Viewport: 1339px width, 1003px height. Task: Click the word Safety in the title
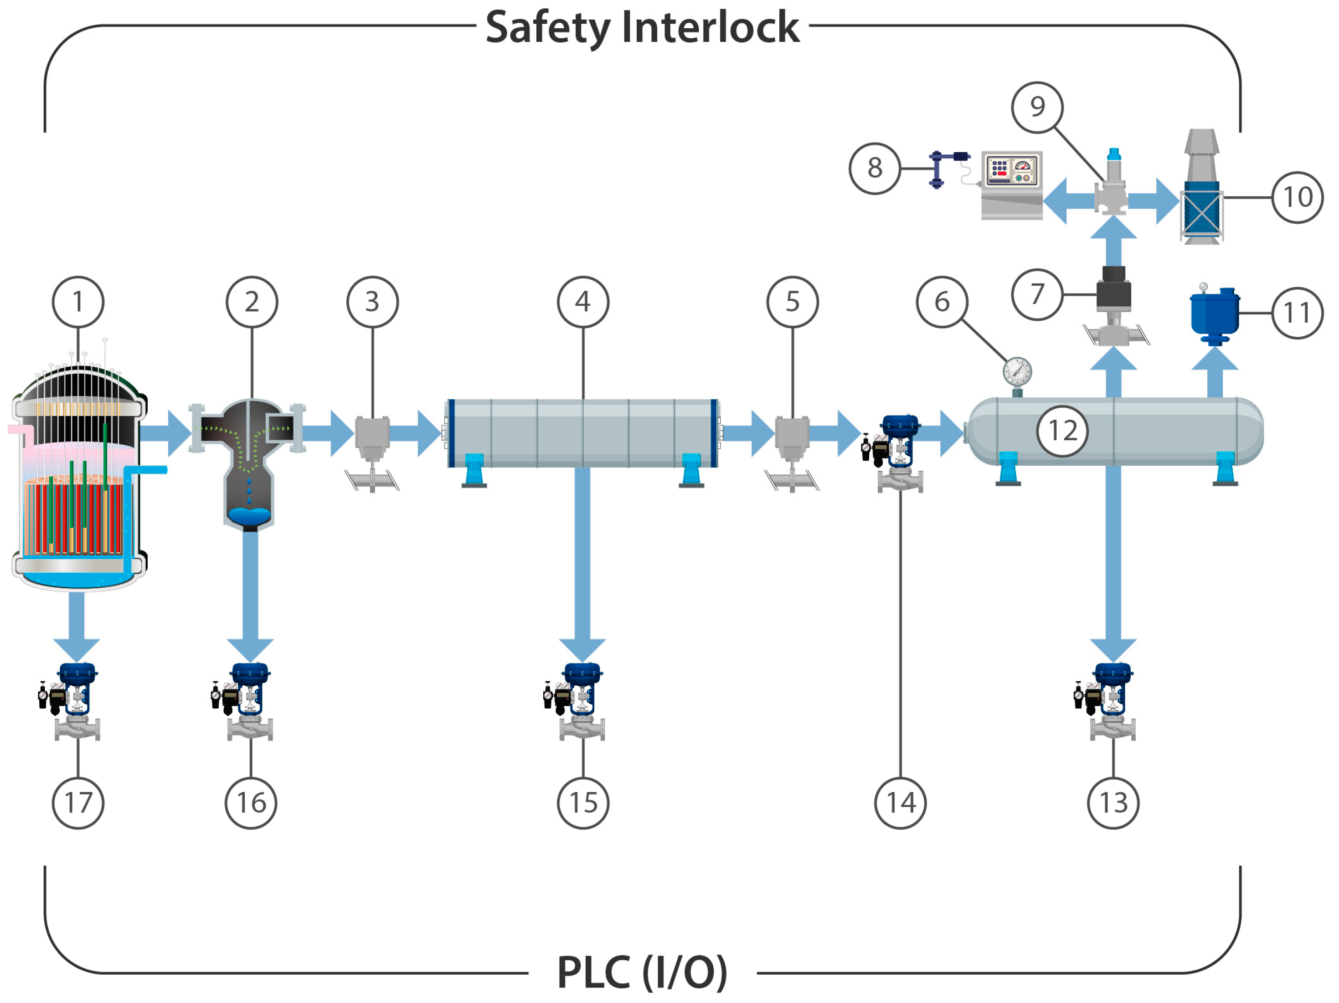point(548,27)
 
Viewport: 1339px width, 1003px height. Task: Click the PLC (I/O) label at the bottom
point(642,973)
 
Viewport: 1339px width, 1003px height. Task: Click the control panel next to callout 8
point(1011,185)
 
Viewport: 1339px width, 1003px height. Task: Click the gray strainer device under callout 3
point(372,439)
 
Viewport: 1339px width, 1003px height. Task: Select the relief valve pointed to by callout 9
point(1112,185)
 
